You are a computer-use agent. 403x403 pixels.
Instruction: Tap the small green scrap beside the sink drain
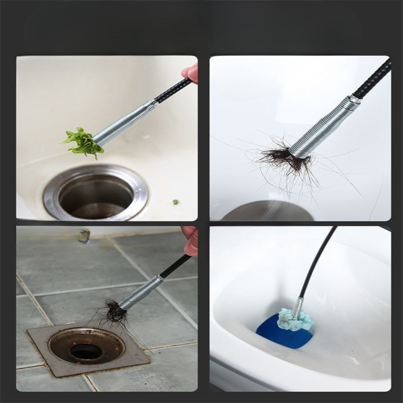coord(175,202)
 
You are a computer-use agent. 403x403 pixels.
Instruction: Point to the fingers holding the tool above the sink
coord(191,72)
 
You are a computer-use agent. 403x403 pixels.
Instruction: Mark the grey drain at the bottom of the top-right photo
coord(267,212)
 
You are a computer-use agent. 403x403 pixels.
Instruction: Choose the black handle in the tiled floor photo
coord(176,266)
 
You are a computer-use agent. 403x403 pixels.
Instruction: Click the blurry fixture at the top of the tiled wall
coord(84,235)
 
